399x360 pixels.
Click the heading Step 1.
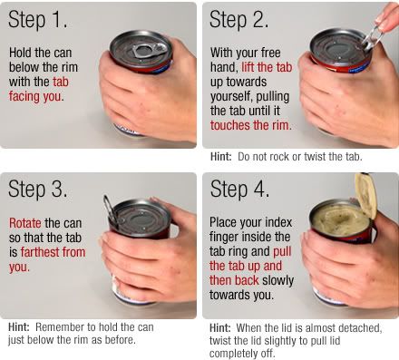37,20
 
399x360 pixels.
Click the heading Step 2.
238,20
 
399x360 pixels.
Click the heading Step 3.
37,189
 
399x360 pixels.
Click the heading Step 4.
239,189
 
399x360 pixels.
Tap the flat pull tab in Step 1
149,51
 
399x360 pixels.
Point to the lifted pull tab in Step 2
371,39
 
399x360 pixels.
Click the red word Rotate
25,223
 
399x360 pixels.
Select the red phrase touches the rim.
251,125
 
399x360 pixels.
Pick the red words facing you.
36,97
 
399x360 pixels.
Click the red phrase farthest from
53,252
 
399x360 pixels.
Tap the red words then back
234,280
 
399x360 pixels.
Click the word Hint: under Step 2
221,157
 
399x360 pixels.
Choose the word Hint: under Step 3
19,326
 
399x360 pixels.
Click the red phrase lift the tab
267,67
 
